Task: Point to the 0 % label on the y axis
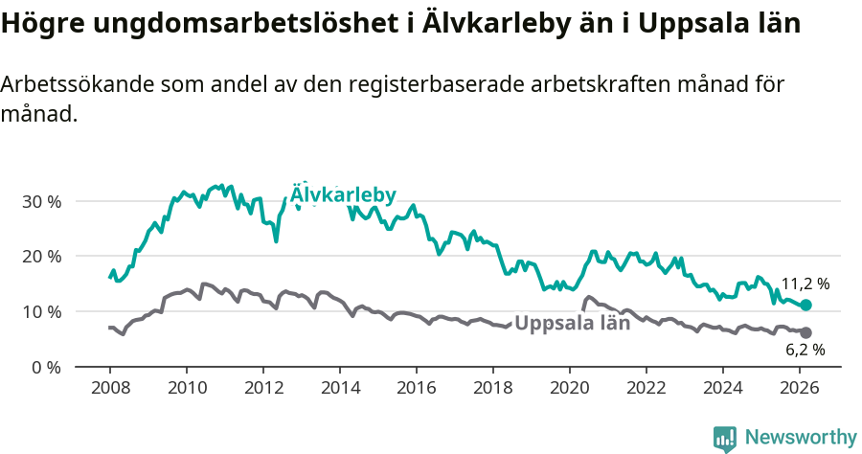pyautogui.click(x=46, y=367)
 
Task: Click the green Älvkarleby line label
pyautogui.click(x=343, y=194)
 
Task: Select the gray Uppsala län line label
pyautogui.click(x=572, y=323)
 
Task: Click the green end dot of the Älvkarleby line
pyautogui.click(x=806, y=305)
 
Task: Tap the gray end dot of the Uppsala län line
pyautogui.click(x=806, y=332)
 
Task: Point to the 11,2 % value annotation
pyautogui.click(x=805, y=284)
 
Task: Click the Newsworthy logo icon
pyautogui.click(x=725, y=438)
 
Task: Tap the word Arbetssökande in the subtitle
pyautogui.click(x=67, y=84)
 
